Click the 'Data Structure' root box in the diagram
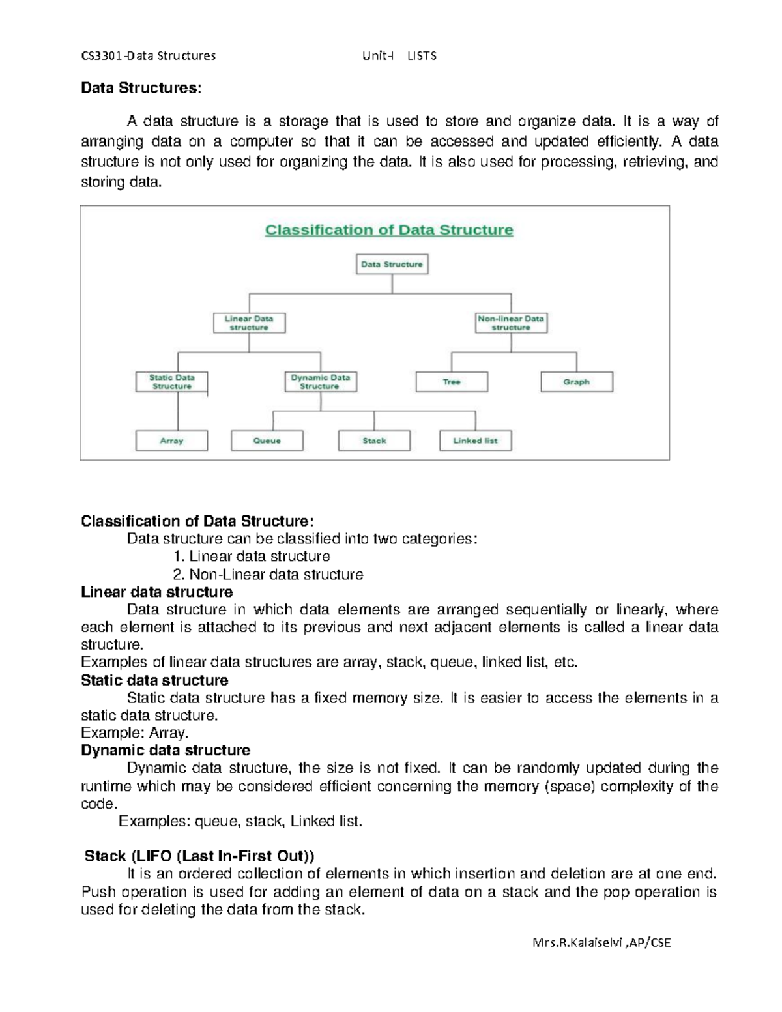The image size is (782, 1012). tap(392, 264)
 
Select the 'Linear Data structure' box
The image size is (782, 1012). tap(249, 323)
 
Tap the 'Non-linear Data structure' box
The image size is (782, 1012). tap(511, 323)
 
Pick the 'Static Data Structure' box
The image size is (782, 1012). tap(171, 382)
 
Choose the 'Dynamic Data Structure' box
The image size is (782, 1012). tap(321, 382)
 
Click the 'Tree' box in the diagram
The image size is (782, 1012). tap(452, 382)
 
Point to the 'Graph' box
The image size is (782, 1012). tap(577, 382)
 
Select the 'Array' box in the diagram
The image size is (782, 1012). tap(171, 441)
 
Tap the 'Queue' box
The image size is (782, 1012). tap(267, 441)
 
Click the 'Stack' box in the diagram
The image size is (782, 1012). tap(374, 441)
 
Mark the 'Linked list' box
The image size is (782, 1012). tap(475, 441)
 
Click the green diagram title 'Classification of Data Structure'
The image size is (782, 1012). tap(389, 230)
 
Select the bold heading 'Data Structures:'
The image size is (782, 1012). tap(141, 88)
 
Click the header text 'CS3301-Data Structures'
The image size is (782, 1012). tap(148, 56)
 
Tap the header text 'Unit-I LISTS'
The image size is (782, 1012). tap(399, 56)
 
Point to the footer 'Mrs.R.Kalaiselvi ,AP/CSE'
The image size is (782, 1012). tap(601, 942)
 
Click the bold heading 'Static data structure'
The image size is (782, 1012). tap(154, 680)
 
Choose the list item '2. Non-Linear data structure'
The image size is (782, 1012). tap(268, 574)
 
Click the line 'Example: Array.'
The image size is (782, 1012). tap(135, 732)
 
